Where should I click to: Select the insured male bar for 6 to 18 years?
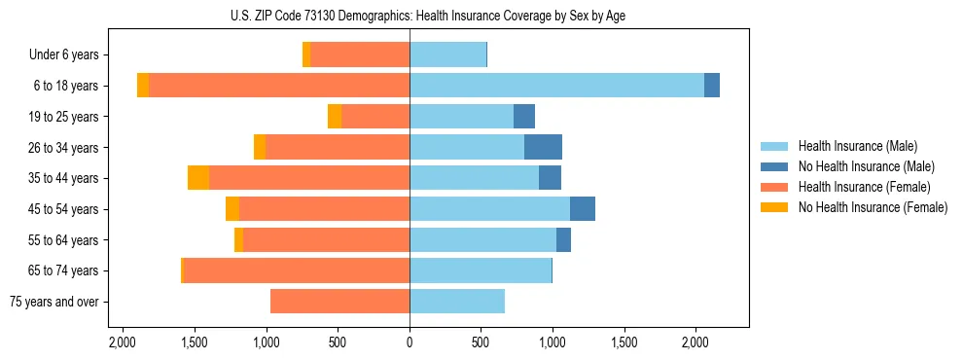(556, 86)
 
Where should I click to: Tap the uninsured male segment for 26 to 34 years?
(543, 147)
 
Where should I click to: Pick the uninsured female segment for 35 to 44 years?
(198, 178)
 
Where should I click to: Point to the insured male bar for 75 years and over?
(457, 302)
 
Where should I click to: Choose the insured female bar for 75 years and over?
(339, 302)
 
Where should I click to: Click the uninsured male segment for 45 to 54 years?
(583, 209)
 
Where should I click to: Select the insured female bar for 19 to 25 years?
(375, 117)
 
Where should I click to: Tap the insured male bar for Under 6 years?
(447, 54)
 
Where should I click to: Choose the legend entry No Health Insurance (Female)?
(873, 207)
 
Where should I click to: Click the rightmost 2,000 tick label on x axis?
(695, 342)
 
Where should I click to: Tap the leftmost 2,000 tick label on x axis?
(123, 342)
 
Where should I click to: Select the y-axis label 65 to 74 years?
(63, 270)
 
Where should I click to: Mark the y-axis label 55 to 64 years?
(63, 240)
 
